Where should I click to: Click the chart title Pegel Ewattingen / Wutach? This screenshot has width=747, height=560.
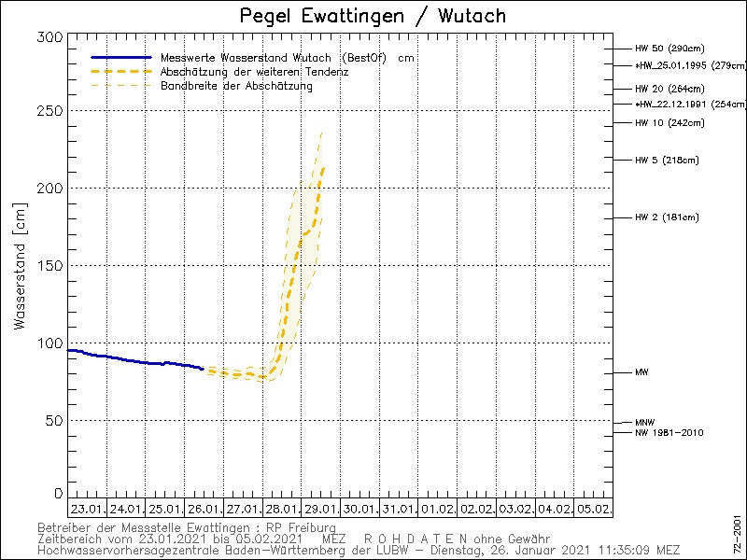pyautogui.click(x=373, y=16)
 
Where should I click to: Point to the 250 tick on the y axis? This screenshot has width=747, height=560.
pyautogui.click(x=51, y=111)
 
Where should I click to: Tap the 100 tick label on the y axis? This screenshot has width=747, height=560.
pyautogui.click(x=51, y=343)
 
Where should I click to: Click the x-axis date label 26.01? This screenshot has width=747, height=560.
pyautogui.click(x=204, y=510)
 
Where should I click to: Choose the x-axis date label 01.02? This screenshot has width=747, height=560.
pyautogui.click(x=439, y=510)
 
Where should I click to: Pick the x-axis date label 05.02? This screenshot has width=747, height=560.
pyautogui.click(x=595, y=510)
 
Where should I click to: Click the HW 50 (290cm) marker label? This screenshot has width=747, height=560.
pyautogui.click(x=669, y=49)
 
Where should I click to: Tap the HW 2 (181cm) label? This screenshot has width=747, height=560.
pyautogui.click(x=667, y=218)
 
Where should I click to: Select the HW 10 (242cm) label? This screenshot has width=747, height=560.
pyautogui.click(x=669, y=123)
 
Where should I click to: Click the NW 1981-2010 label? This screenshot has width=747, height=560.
pyautogui.click(x=669, y=433)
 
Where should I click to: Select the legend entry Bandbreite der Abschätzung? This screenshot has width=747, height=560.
pyautogui.click(x=236, y=86)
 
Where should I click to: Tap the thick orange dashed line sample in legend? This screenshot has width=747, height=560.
pyautogui.click(x=121, y=72)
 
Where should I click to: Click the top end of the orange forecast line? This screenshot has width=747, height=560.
pyautogui.click(x=323, y=168)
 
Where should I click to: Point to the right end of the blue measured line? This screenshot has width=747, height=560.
pyautogui.click(x=203, y=369)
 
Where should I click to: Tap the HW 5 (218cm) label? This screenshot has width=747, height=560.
pyautogui.click(x=667, y=161)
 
